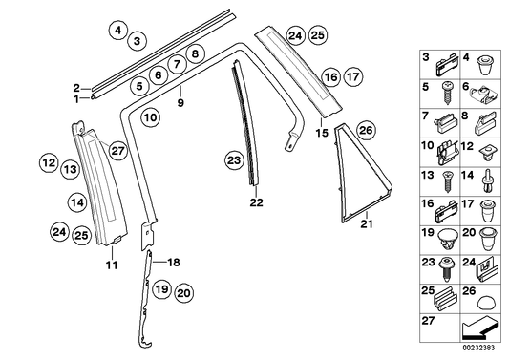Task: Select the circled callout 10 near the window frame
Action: [152, 118]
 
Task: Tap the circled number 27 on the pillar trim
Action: [117, 148]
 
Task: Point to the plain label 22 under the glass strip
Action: [254, 202]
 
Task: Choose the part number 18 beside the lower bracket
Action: [174, 262]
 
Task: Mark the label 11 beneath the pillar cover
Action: [111, 265]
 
